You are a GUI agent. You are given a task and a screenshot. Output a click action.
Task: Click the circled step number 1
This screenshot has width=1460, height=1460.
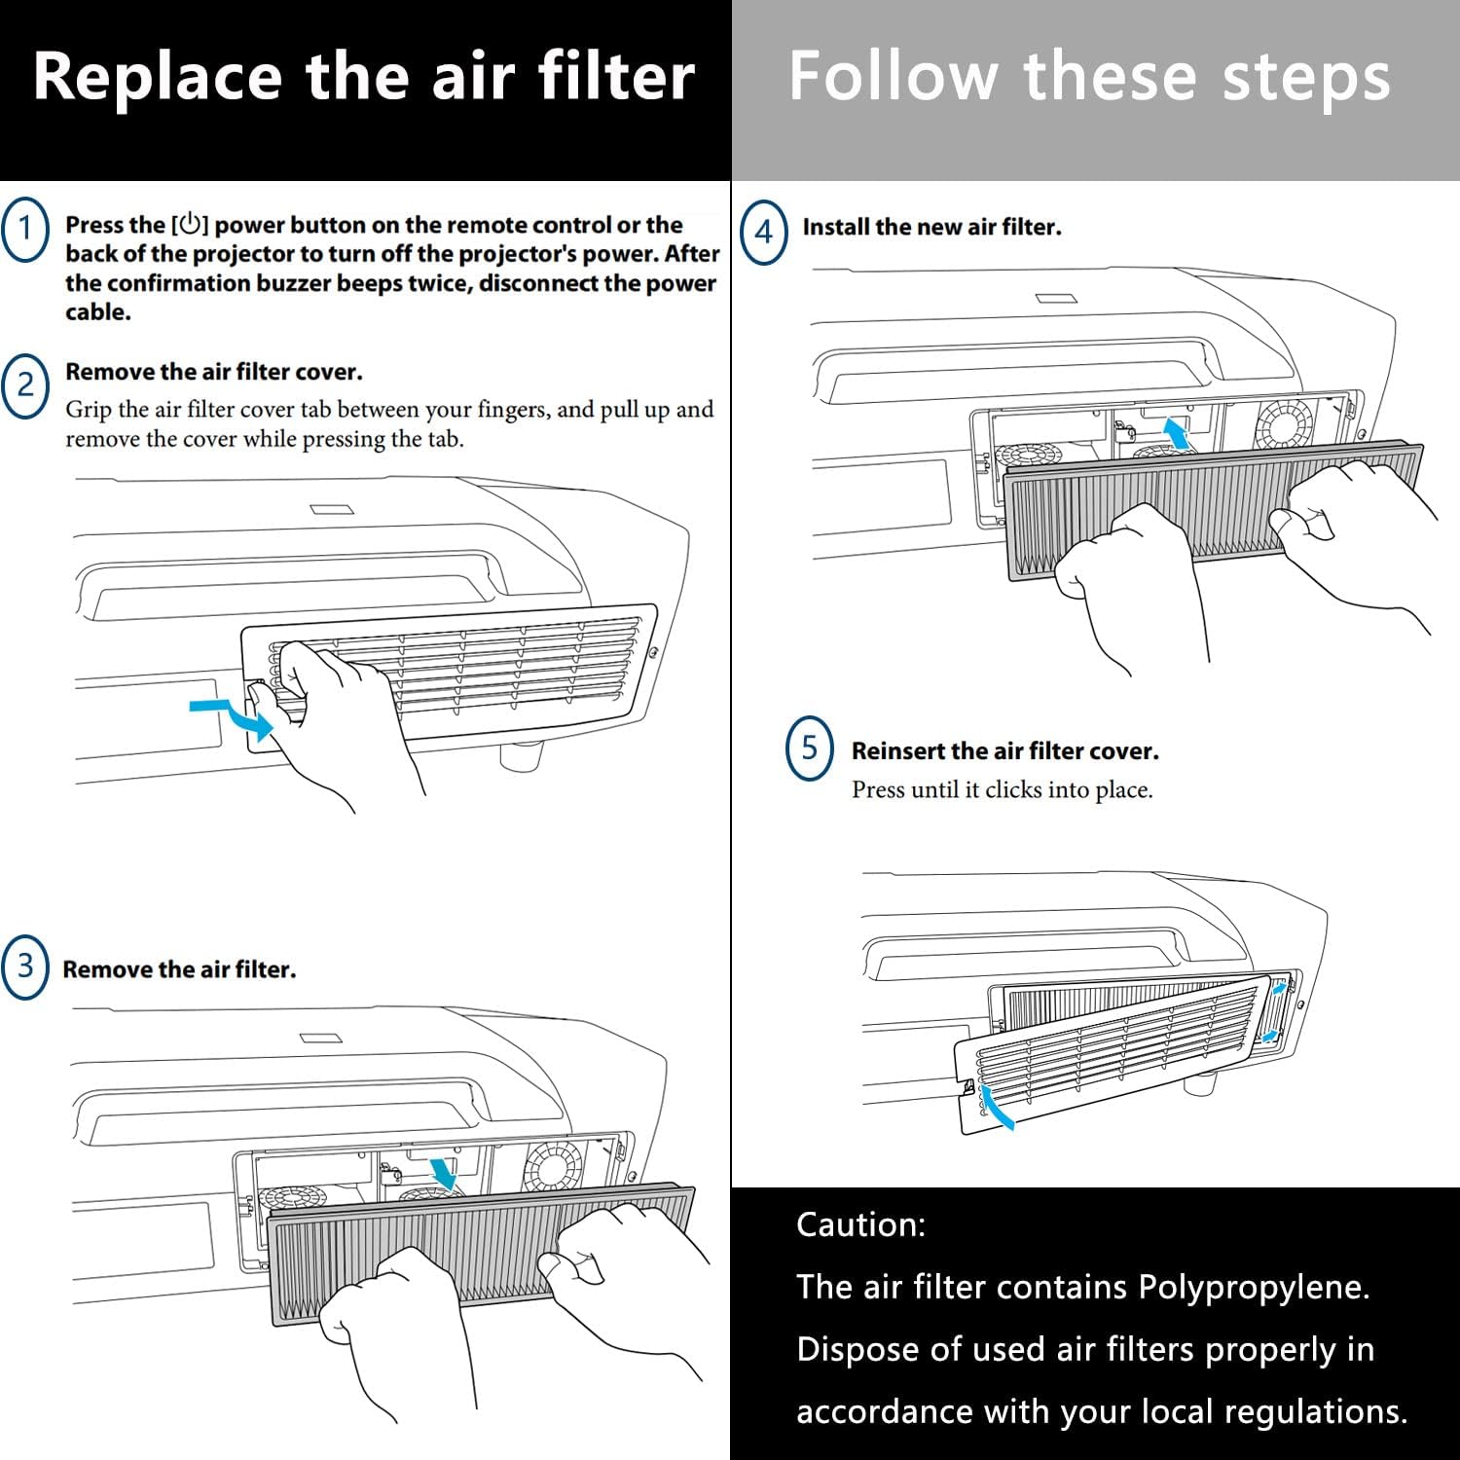25,229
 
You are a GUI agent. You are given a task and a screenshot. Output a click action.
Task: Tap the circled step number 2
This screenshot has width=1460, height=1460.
25,385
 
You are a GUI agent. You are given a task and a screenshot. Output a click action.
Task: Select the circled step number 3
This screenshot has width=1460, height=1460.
25,967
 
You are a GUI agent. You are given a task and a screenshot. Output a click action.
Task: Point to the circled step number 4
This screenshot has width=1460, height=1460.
764,232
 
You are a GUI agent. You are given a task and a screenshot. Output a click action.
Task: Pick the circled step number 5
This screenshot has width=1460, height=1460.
810,748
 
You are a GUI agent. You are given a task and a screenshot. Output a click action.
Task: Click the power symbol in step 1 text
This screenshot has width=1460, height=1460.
190,225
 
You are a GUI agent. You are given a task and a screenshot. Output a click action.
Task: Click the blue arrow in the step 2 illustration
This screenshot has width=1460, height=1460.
234,716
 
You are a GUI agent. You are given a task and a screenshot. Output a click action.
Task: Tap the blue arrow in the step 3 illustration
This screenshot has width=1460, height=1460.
444,1172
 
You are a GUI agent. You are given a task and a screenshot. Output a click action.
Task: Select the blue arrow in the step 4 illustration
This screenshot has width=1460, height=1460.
1179,433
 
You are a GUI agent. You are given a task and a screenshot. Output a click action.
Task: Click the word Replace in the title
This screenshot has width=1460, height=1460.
157,77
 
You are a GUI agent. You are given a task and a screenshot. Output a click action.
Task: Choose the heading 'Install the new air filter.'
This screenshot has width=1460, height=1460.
931,228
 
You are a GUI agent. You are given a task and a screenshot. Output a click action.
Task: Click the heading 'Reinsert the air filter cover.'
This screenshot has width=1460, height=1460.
1004,751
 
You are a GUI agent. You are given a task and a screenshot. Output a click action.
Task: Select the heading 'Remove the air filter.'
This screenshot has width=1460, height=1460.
179,969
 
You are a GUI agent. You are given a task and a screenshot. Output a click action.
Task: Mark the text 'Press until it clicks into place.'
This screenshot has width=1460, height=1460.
1002,789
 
